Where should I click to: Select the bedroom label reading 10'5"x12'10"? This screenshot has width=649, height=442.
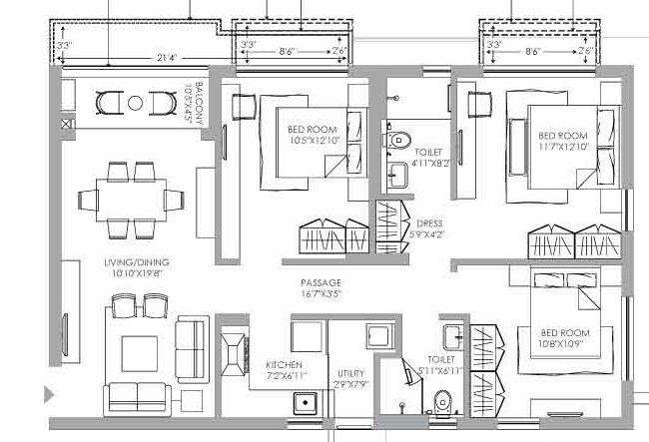pyautogui.click(x=313, y=136)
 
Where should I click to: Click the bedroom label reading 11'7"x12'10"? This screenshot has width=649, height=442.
pyautogui.click(x=563, y=141)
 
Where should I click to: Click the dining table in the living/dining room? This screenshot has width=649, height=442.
pyautogui.click(x=135, y=197)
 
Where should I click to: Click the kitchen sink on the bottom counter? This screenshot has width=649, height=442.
pyautogui.click(x=306, y=403)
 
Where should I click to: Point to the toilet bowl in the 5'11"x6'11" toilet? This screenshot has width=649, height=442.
pyautogui.click(x=443, y=403)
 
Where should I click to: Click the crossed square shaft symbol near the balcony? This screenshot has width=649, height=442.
pyautogui.click(x=66, y=125)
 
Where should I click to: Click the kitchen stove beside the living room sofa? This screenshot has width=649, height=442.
pyautogui.click(x=233, y=351)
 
